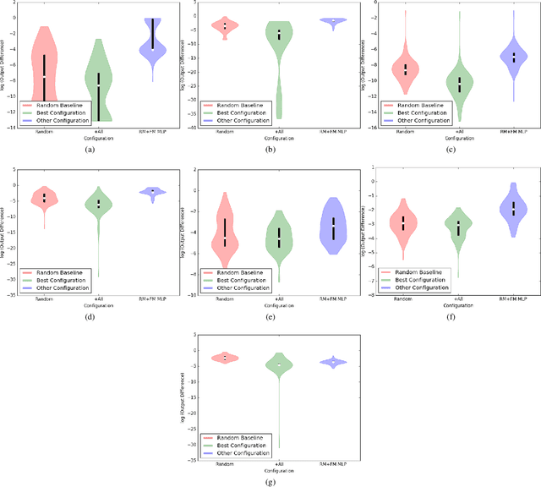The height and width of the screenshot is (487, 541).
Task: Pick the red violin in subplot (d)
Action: tap(44, 198)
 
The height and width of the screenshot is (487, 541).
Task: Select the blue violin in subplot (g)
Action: tap(333, 362)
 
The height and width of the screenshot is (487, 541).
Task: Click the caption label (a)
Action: tap(90, 149)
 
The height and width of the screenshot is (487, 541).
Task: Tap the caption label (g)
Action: tap(270, 482)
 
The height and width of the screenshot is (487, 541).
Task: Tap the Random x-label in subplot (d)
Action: tap(44, 298)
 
